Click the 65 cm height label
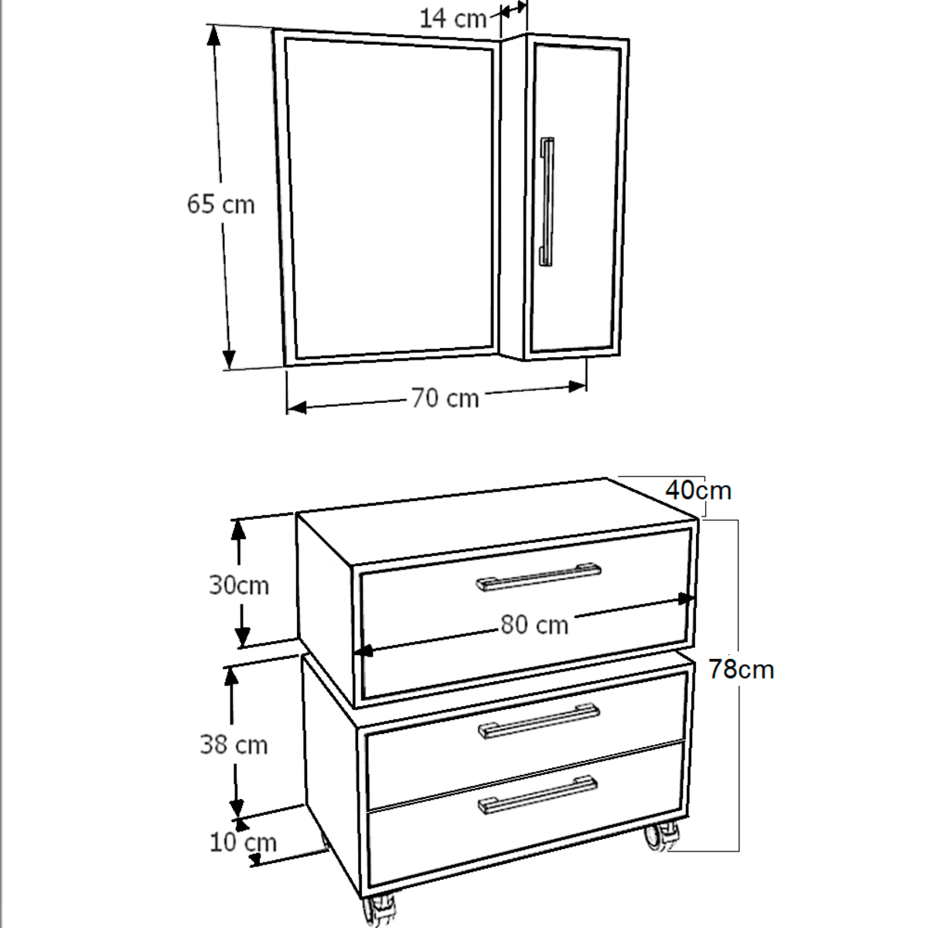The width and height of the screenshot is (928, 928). pos(220,203)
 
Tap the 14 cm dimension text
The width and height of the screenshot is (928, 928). pos(453,19)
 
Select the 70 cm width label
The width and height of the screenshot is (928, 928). pos(445,399)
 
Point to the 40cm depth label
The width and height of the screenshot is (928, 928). pos(698,491)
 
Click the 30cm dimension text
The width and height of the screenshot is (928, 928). pos(239,585)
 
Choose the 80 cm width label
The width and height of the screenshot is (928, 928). pos(534,625)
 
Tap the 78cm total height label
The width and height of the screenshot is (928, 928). pos(742,670)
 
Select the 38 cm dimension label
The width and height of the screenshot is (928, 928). pos(234,745)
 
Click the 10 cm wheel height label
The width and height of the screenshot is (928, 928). pos(243,843)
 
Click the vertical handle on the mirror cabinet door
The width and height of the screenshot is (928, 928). pos(547,201)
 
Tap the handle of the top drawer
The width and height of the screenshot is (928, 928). pos(538,576)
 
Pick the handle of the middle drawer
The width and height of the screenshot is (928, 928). pos(539,721)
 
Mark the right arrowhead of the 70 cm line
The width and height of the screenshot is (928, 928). pos(578,386)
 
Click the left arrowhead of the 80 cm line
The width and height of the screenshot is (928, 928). pos(363,651)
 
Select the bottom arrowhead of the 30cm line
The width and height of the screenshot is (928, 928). pos(243,637)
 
